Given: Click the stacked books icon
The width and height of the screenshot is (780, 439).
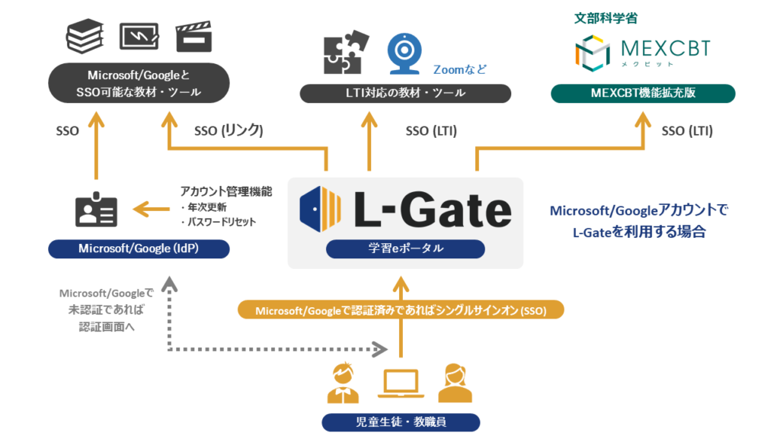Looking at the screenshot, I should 85,37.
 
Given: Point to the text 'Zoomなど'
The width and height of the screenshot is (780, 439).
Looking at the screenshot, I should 459,69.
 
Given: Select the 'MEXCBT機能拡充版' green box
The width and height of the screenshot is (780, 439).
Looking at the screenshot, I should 642,94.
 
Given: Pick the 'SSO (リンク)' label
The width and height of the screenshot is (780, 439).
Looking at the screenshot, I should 229,130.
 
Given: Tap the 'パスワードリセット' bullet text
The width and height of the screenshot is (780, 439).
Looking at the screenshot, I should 219,222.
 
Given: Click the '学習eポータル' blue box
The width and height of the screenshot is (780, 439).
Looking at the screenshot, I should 405,249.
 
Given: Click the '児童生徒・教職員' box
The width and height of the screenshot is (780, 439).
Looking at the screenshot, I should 401,422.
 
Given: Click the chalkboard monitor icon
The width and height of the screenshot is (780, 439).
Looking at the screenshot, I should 139,37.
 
